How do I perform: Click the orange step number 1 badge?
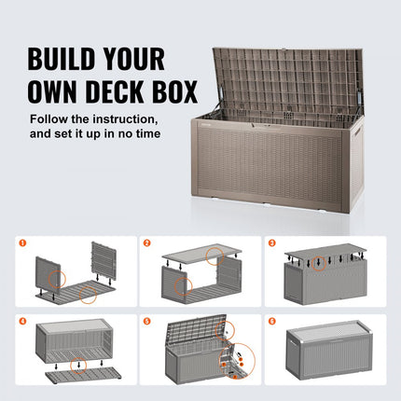(21, 242)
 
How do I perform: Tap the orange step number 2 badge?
(147, 242)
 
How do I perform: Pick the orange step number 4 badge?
(21, 323)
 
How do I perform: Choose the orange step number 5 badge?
(147, 323)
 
